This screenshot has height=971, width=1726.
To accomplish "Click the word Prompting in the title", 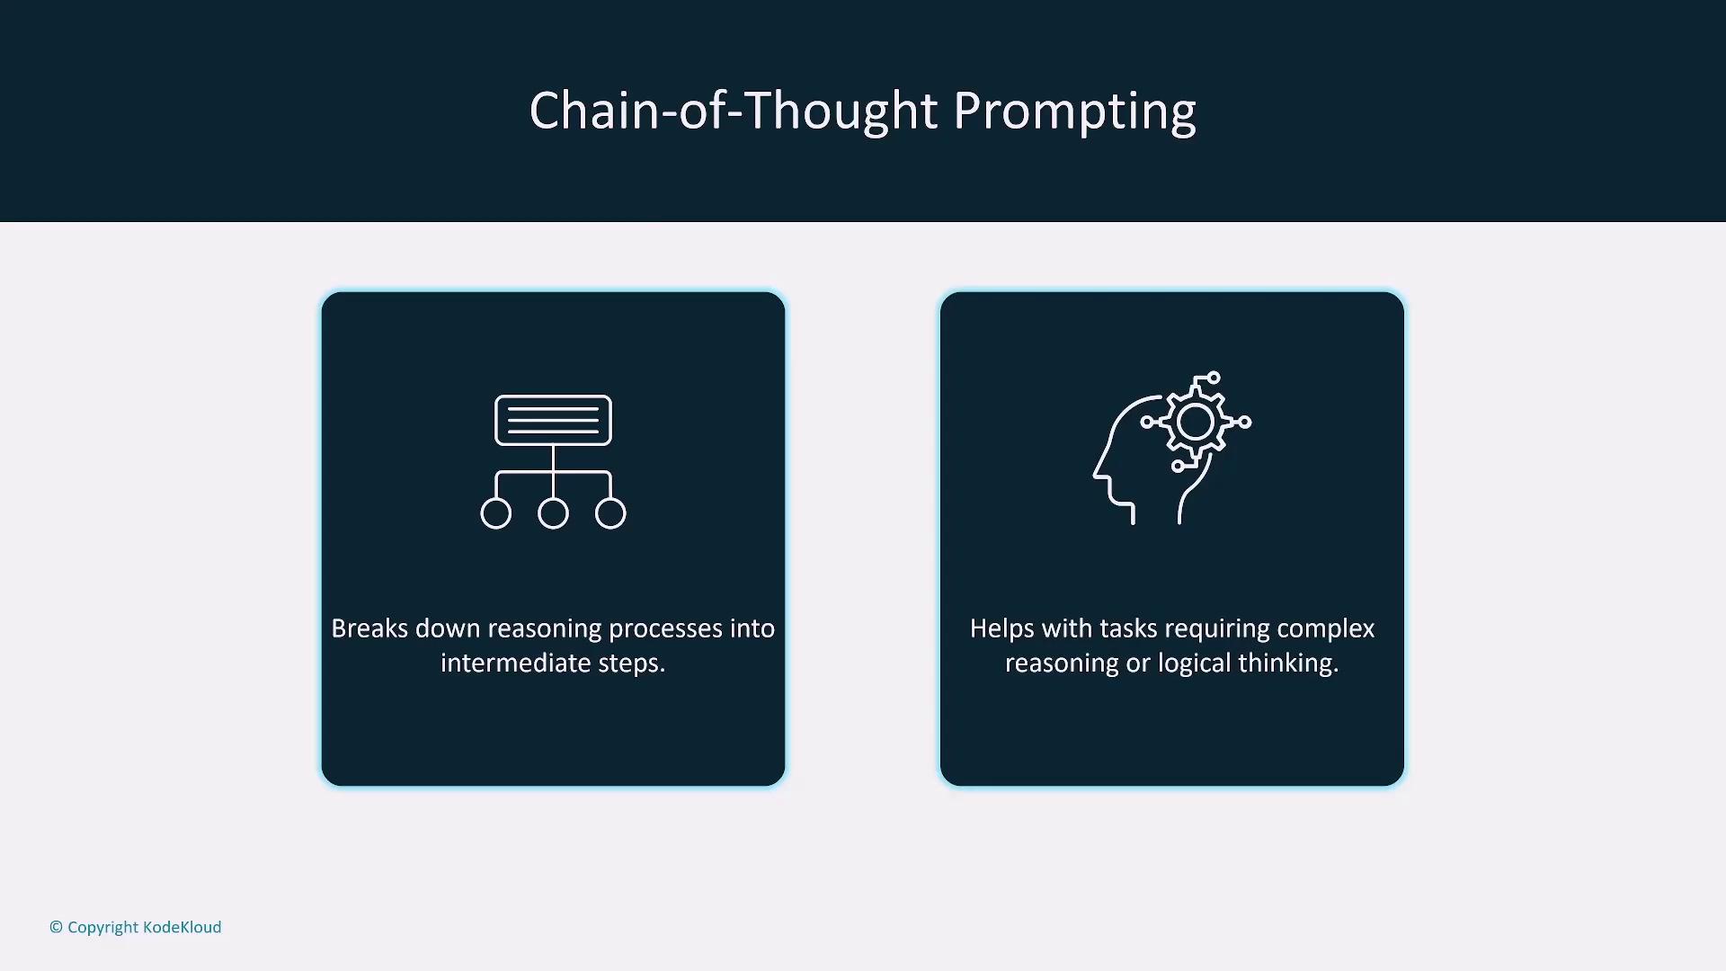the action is (1074, 113).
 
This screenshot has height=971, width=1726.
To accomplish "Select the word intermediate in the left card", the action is (516, 663).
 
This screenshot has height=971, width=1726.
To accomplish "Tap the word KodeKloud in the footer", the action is (182, 927).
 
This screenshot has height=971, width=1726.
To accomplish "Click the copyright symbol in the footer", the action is (56, 927).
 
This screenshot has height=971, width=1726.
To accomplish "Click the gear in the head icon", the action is (1196, 422).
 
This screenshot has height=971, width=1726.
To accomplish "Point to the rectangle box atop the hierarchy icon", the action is (553, 420).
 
